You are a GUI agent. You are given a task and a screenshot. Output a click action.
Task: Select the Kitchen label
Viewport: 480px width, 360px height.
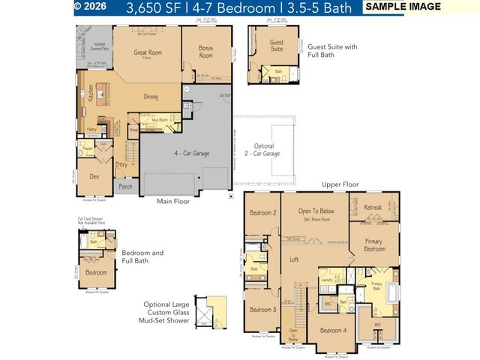91,93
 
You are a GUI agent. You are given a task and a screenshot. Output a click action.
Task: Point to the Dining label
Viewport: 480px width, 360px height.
151,97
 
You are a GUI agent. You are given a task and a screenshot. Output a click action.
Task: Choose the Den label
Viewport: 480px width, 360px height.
94,177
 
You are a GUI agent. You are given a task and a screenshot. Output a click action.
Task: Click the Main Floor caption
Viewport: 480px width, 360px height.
172,201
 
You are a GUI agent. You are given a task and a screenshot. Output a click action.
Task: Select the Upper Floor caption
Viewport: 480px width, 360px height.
340,184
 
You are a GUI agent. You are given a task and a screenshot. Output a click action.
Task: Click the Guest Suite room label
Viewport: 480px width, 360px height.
277,46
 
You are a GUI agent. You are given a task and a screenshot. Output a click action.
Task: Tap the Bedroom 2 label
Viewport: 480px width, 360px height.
263,212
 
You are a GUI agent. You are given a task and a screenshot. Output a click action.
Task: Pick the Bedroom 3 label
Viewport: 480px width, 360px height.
263,310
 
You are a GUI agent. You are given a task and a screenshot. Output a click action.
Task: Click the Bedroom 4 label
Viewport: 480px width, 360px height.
333,330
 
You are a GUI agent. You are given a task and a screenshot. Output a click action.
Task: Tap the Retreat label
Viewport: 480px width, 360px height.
373,208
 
